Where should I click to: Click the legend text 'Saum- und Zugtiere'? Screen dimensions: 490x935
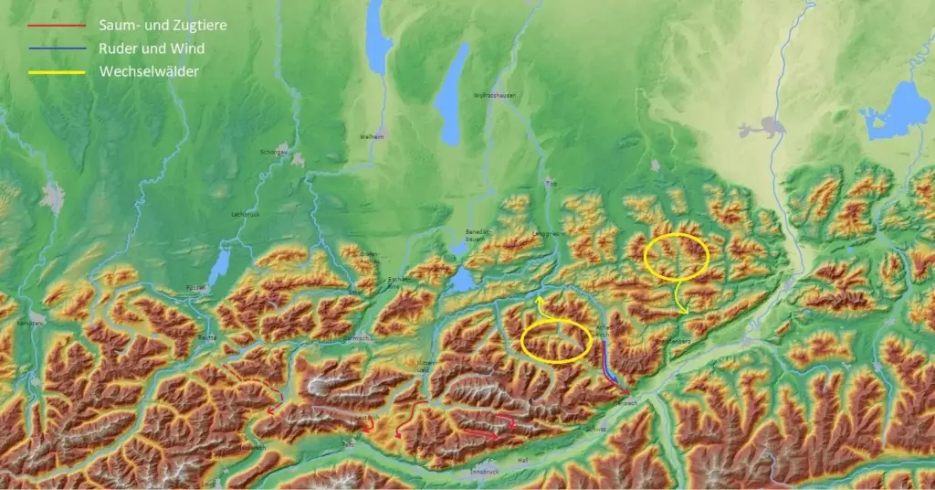[x=163, y=26]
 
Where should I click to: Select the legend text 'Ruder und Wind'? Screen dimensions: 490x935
[x=152, y=48]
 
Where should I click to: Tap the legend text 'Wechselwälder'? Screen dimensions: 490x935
[x=147, y=71]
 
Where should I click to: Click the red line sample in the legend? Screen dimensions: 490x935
[x=58, y=27]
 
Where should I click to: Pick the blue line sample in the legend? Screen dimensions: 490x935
[x=58, y=49]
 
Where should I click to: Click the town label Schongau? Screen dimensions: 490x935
[x=274, y=152]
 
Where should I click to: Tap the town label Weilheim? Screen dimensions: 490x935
[x=372, y=136]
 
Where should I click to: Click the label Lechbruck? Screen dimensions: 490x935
[x=247, y=214]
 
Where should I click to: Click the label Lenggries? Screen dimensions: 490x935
[x=547, y=234]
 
